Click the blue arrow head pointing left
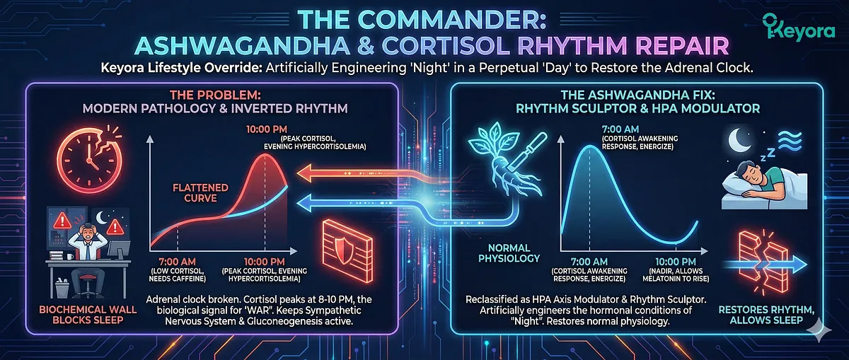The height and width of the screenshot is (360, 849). coord(305,204)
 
